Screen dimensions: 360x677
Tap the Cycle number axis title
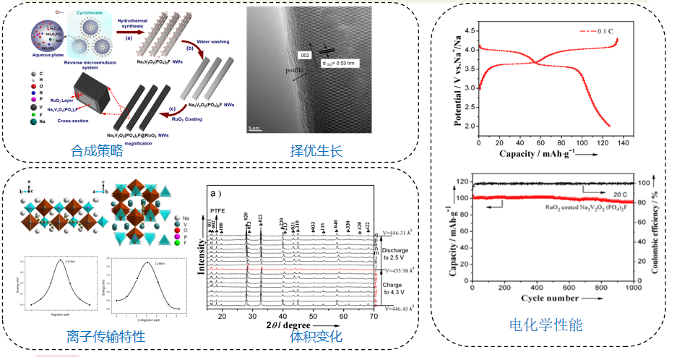coord(552,298)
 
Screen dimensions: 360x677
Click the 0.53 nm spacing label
coord(339,63)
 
